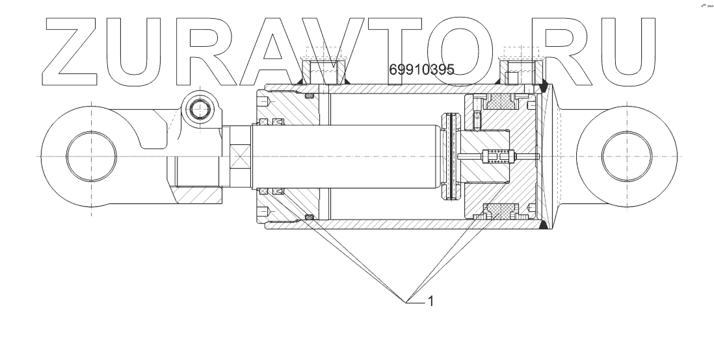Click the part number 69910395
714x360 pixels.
click(421, 70)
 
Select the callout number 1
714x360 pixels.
click(430, 301)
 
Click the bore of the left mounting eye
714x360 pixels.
click(91, 156)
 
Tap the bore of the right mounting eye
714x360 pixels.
click(627, 156)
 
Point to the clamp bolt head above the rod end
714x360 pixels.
click(200, 109)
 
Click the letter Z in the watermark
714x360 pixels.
click(71, 51)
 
